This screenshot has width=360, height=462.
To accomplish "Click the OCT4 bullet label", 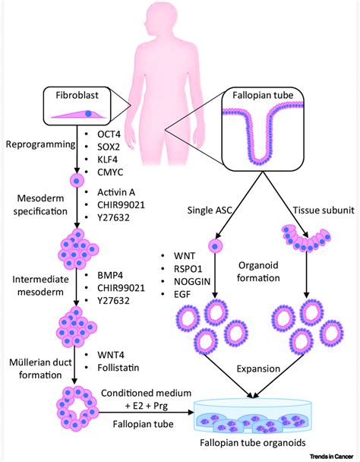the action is tap(109, 134).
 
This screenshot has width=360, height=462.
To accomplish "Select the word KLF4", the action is tap(108, 160).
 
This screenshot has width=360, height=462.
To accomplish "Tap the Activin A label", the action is tap(116, 192).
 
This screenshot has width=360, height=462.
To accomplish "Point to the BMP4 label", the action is tap(110, 275).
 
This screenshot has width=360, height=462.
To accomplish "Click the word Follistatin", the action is tap(118, 368).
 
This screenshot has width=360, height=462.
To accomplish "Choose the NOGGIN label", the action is tap(192, 281).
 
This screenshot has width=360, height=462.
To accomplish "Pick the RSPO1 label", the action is tap(188, 269).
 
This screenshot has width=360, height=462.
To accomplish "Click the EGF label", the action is tap(182, 294).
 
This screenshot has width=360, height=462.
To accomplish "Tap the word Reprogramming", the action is tap(41, 144).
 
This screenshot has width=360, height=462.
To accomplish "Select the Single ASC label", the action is tap(210, 210).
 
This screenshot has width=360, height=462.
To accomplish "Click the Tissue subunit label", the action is tap(324, 210).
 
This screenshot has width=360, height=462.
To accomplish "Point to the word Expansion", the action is tap(258, 369).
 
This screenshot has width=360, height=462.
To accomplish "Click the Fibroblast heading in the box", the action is tap(77, 95).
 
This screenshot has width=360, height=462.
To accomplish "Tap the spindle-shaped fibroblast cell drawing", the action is tap(79, 114).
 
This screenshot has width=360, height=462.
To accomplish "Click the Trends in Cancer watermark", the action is tap(331, 457).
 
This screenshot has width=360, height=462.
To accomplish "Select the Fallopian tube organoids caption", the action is tap(253, 442).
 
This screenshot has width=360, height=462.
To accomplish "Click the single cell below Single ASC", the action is tap(216, 246).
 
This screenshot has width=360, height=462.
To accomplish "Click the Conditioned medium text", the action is tap(146, 393).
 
